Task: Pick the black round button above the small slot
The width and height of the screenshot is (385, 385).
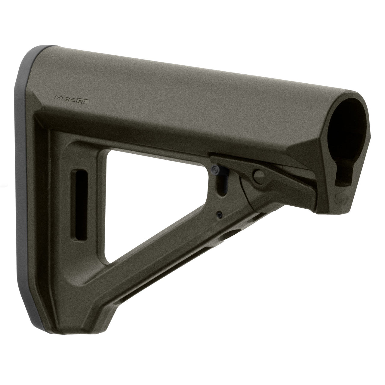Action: pos(216,170)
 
